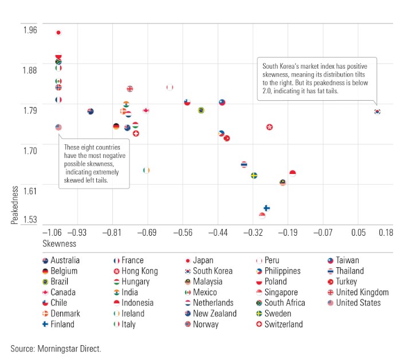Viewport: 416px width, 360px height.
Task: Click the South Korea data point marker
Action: click(377, 112)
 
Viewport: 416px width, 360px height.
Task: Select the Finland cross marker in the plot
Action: click(266, 208)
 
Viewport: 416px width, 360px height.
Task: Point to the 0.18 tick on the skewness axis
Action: click(385, 234)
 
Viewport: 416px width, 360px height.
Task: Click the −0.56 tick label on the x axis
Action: click(183, 234)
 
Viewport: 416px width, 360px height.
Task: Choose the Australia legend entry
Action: click(60, 260)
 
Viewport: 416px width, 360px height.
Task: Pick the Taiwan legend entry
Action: click(343, 260)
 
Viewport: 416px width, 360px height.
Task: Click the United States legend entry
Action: click(353, 303)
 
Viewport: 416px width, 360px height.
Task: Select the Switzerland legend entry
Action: click(279, 325)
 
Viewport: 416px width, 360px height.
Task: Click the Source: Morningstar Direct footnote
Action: click(56, 347)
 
